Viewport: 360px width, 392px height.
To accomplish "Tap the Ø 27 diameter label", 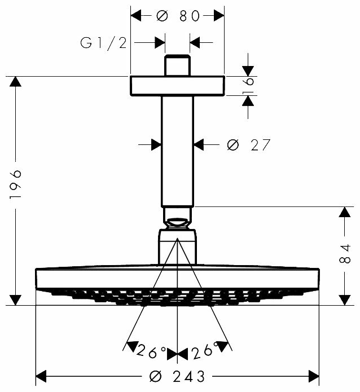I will tap(248, 145).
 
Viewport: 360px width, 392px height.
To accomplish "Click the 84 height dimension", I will tap(346, 256).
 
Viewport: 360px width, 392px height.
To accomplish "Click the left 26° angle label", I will tap(151, 351).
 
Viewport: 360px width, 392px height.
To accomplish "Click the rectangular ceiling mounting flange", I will tap(177, 85).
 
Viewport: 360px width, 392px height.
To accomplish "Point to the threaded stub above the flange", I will tap(177, 65).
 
